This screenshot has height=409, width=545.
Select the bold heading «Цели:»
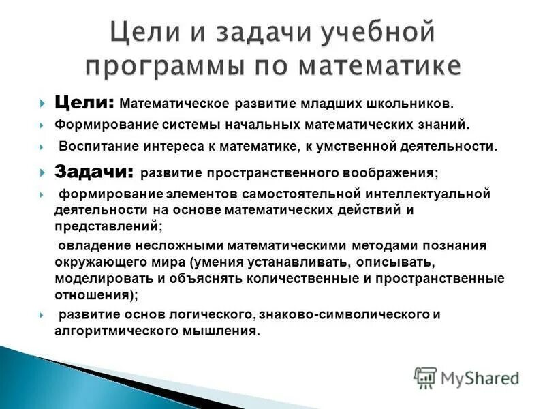coord(84,103)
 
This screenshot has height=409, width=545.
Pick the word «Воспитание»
coord(93,146)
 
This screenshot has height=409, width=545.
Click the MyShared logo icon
coord(425,377)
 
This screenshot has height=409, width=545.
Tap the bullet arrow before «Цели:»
coord(42,104)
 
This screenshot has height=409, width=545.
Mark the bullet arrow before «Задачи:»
coord(42,172)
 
